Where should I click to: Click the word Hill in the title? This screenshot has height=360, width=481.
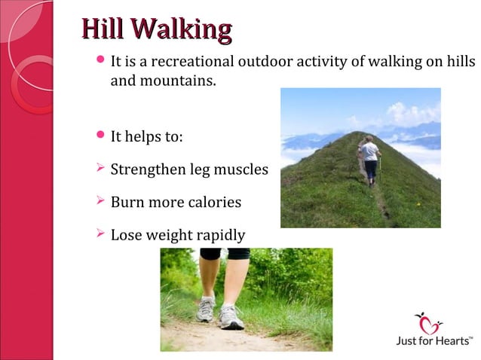(x=103, y=29)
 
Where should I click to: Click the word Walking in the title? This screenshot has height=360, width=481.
(x=180, y=30)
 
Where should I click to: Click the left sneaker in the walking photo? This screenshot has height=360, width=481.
(x=205, y=309)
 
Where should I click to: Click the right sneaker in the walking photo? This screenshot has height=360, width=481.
(x=231, y=316)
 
